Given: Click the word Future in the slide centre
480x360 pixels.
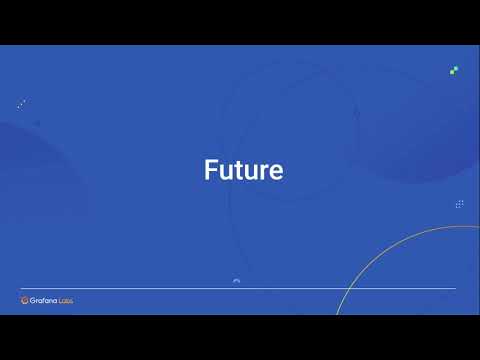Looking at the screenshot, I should (x=243, y=170).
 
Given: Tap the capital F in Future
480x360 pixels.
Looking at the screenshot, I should (x=211, y=170).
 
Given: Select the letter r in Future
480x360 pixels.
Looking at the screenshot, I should (x=264, y=172).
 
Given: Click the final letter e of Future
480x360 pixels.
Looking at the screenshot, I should (x=276, y=172).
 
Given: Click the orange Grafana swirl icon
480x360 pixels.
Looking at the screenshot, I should (x=25, y=300).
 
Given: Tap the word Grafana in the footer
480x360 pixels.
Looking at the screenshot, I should (x=43, y=300).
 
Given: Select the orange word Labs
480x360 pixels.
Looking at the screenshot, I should (x=65, y=300).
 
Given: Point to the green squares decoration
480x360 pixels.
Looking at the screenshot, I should (x=454, y=70).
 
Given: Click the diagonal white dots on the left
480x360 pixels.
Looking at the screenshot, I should (x=21, y=103).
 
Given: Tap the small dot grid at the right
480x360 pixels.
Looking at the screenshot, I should (x=459, y=204).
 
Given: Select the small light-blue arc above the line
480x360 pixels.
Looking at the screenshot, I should (x=236, y=281).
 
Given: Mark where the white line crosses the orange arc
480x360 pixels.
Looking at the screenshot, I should (x=344, y=288).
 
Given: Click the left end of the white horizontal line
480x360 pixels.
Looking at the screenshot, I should (x=22, y=288).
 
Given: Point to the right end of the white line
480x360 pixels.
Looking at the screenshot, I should (x=455, y=288).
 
